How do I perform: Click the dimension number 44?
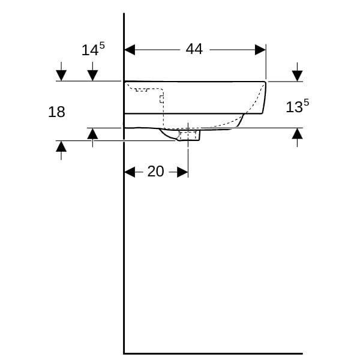(194, 49)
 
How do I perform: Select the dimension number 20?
(155, 171)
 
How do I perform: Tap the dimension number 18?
(56, 112)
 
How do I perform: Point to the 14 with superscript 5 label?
(93, 49)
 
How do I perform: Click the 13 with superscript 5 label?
(298, 106)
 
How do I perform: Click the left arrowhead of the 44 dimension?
(130, 50)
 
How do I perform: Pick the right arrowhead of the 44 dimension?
(260, 50)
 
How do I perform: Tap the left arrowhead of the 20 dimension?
(130, 172)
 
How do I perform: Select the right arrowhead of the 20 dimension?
(182, 172)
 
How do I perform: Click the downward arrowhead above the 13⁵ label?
(298, 76)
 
